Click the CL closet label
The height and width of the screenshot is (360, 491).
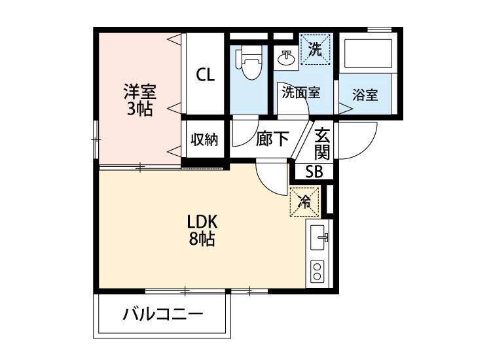point(205,75)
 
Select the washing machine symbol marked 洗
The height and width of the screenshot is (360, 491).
point(316,50)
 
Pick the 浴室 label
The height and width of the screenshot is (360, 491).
point(365,95)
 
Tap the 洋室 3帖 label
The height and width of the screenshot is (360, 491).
point(140,99)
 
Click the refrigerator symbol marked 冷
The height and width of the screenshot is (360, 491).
point(305,202)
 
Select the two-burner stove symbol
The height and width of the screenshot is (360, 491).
point(317,271)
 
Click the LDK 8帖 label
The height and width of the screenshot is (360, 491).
point(202,230)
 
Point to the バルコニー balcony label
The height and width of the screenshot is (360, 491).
point(163,315)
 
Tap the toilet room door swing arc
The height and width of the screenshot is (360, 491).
point(244,135)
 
